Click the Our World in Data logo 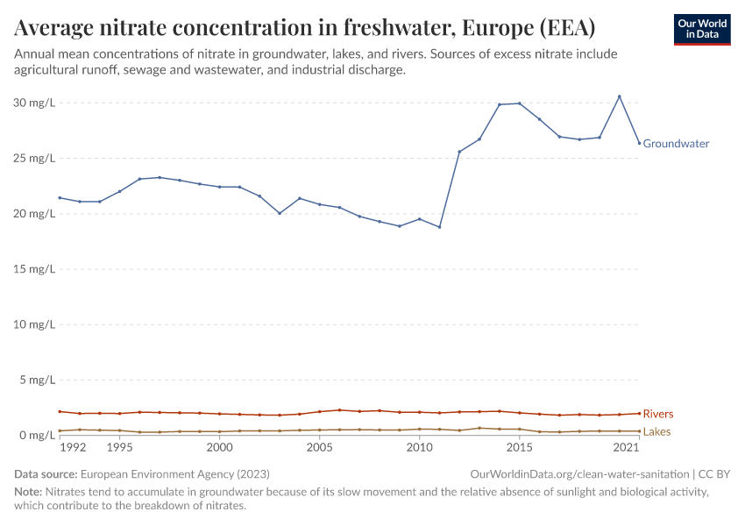point(702,29)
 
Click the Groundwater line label point(676,144)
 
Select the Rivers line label point(658,414)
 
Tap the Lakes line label point(657,432)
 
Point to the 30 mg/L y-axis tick point(34,103)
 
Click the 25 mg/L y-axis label point(34,159)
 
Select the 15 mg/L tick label point(34,269)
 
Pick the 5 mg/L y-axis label point(37,380)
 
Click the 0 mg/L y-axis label point(37,436)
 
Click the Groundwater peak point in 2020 point(620,96)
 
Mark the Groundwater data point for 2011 point(439,227)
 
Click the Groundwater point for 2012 point(459,152)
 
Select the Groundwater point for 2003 point(280,213)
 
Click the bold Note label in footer point(30,493)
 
